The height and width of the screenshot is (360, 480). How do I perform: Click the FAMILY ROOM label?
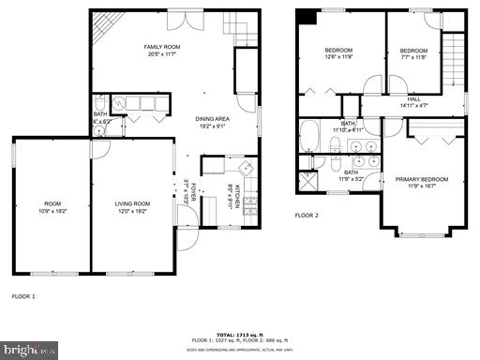click(x=162, y=47)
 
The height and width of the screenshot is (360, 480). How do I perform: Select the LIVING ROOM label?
click(x=132, y=203)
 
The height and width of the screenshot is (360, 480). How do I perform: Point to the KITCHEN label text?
click(x=237, y=195)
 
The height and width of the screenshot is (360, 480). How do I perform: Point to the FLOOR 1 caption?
click(x=23, y=296)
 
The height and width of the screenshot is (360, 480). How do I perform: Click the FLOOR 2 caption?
click(x=307, y=215)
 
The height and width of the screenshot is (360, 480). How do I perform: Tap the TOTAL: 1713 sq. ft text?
click(x=239, y=333)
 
